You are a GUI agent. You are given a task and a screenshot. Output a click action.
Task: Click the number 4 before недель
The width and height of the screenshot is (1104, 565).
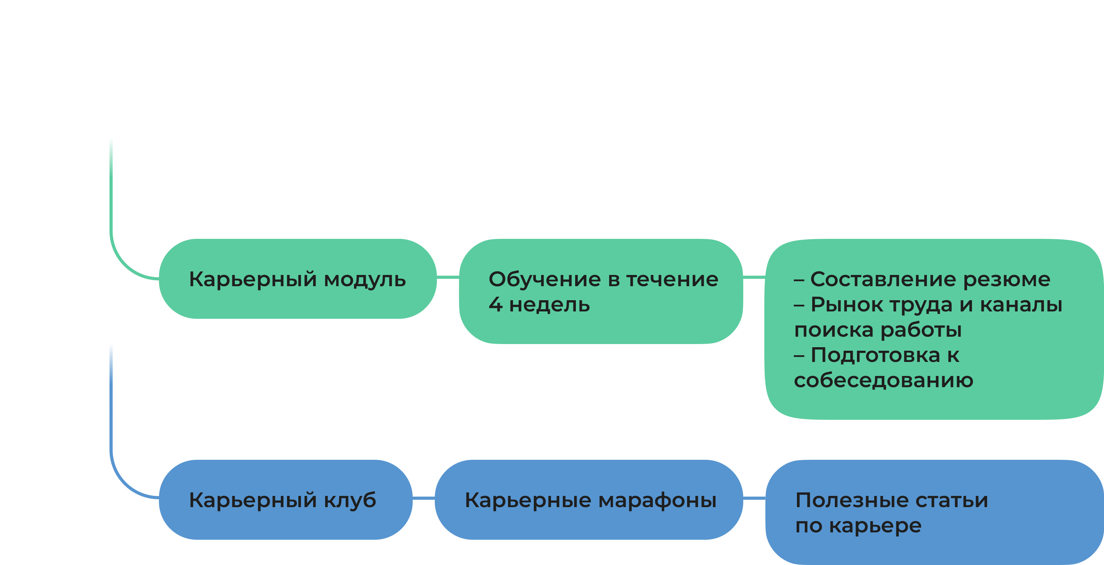pos(495,304)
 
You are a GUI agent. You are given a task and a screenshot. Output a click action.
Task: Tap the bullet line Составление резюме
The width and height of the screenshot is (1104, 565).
pos(922,279)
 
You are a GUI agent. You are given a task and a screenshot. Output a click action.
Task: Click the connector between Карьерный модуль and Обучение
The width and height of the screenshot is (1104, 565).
pos(448,277)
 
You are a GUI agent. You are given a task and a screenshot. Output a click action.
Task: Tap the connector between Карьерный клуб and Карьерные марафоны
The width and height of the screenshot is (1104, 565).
pos(424,498)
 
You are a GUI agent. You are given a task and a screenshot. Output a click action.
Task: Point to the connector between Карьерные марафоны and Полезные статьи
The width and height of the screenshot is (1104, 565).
pos(754,498)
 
